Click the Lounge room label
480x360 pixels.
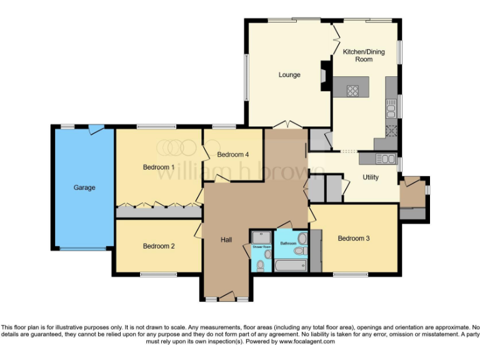289,75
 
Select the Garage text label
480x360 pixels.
84,187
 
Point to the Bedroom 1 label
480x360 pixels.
159,167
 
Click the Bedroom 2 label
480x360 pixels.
159,246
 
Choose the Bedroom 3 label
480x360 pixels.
354,238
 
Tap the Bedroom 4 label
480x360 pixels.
233,154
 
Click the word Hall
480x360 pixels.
226,239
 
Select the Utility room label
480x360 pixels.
371,177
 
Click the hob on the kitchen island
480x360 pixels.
353,91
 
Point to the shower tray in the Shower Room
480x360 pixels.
260,237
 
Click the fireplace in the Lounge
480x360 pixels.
324,75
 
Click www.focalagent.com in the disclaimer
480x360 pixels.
307,342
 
